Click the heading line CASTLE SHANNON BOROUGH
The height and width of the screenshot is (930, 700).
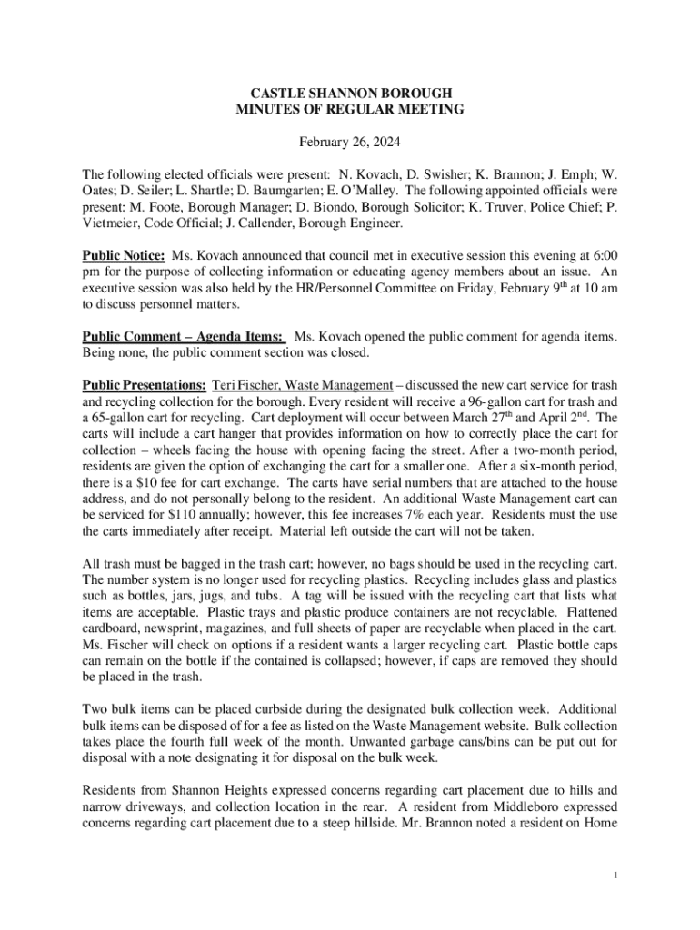pos(350,94)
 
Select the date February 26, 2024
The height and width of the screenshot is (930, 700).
pos(350,143)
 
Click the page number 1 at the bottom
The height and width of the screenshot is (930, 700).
pos(615,875)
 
